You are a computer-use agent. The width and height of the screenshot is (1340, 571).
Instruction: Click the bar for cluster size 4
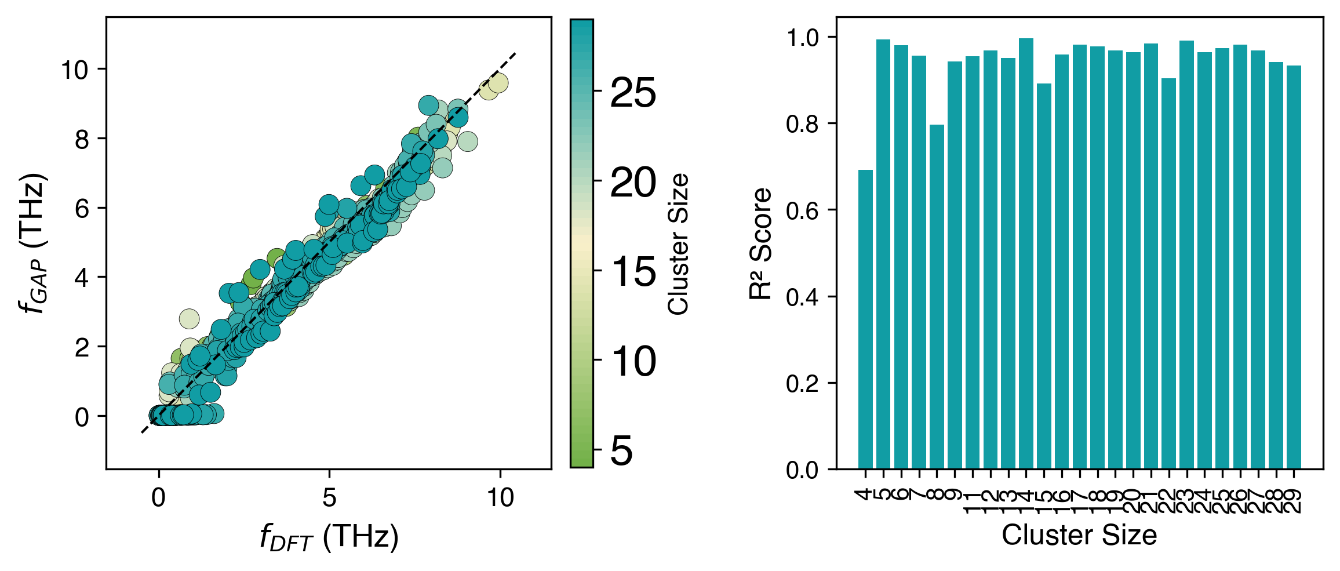point(865,319)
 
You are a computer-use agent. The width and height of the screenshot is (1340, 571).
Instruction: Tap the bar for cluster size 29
point(1294,267)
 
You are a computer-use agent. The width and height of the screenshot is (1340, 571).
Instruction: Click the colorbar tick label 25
point(633,92)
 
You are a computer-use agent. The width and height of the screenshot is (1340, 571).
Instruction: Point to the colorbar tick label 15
point(633,271)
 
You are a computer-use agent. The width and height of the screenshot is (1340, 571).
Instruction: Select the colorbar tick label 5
point(622,450)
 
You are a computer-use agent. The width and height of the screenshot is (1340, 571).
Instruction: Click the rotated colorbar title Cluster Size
point(678,243)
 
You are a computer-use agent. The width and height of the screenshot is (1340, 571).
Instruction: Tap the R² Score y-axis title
point(760,243)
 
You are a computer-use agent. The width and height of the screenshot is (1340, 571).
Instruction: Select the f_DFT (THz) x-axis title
point(329,537)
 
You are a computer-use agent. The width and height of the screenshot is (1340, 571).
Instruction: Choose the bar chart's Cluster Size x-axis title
point(1079,534)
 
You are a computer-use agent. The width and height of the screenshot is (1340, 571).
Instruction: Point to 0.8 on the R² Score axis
point(802,123)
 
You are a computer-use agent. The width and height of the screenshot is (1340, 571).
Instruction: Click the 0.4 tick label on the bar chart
point(802,297)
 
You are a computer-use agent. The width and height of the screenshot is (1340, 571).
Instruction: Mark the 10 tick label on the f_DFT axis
point(500,497)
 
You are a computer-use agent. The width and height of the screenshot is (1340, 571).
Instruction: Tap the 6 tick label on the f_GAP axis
point(82,208)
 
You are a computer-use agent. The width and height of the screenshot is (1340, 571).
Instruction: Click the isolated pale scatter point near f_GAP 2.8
point(189,318)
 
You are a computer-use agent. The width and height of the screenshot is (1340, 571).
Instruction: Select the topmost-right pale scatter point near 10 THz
point(498,83)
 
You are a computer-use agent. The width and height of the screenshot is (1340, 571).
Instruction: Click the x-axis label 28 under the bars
point(1276,500)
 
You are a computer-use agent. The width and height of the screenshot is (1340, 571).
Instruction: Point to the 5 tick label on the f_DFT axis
point(329,497)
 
